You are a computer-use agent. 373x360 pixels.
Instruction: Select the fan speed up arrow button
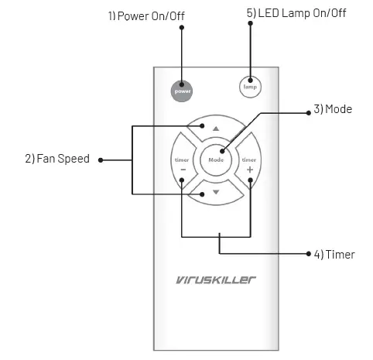[x=216, y=128]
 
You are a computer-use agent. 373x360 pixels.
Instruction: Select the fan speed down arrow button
[x=216, y=190]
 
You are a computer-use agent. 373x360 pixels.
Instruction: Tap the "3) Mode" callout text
[x=333, y=109]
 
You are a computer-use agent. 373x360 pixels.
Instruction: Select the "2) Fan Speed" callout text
[x=57, y=159]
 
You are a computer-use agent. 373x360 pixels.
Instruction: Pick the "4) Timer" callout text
[x=334, y=254]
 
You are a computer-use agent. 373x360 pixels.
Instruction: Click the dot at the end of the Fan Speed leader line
[x=101, y=159]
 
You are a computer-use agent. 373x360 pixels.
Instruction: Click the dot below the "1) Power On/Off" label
[x=183, y=28]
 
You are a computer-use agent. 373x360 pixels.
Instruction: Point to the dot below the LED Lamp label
[x=249, y=24]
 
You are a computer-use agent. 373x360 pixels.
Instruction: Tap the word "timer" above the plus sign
[x=249, y=159]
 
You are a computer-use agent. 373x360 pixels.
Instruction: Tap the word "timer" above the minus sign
[x=183, y=159]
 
